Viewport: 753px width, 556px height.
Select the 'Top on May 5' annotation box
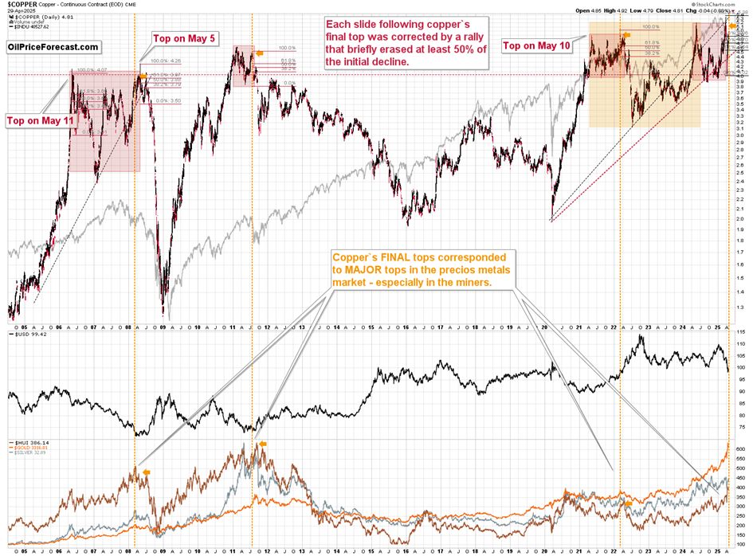(182, 39)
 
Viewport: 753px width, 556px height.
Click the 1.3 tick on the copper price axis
(741, 307)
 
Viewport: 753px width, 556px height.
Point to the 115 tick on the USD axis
(741, 331)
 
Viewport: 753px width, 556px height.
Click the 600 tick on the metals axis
(741, 449)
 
